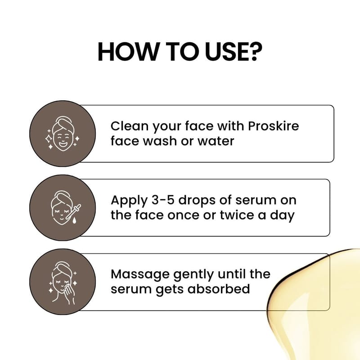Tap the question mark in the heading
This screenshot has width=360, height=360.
point(255,52)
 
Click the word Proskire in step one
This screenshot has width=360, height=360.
point(274,126)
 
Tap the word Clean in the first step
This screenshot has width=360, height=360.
point(130,126)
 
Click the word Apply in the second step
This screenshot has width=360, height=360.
point(129,200)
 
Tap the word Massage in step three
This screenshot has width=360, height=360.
point(140,274)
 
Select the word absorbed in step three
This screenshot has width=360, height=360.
point(219,289)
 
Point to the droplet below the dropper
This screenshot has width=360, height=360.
point(74,221)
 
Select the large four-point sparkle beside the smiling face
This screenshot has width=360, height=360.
point(49,139)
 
